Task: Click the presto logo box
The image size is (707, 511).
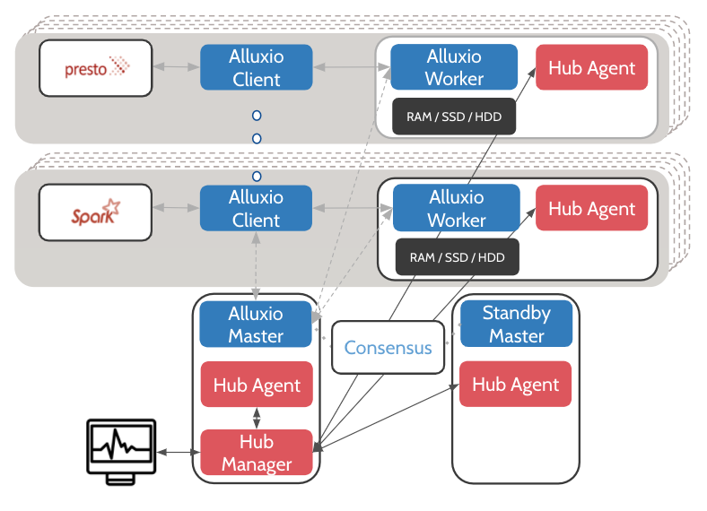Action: click(96, 68)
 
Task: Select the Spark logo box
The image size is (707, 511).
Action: click(96, 212)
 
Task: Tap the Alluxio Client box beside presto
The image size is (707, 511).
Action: click(256, 67)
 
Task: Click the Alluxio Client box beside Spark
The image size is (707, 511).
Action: click(256, 208)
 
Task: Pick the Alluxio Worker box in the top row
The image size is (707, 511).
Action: click(454, 66)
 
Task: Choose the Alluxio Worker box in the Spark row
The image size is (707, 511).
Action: click(457, 208)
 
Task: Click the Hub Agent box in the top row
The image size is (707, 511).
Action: click(591, 67)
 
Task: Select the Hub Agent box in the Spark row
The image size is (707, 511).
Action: click(591, 208)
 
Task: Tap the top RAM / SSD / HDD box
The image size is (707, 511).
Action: click(454, 117)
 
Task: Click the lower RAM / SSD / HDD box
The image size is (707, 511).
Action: click(458, 257)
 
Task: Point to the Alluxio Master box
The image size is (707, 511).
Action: click(256, 325)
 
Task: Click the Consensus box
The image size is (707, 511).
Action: click(388, 348)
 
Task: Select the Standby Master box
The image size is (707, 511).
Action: click(516, 324)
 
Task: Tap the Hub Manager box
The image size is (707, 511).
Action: click(257, 453)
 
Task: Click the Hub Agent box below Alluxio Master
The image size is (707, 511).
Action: click(257, 385)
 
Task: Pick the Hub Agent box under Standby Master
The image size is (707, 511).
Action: click(515, 384)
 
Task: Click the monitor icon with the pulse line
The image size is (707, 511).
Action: click(121, 452)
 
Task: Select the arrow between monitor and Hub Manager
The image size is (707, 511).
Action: click(179, 452)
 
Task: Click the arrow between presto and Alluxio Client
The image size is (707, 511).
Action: click(176, 66)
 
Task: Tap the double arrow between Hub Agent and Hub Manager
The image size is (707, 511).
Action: click(257, 418)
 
